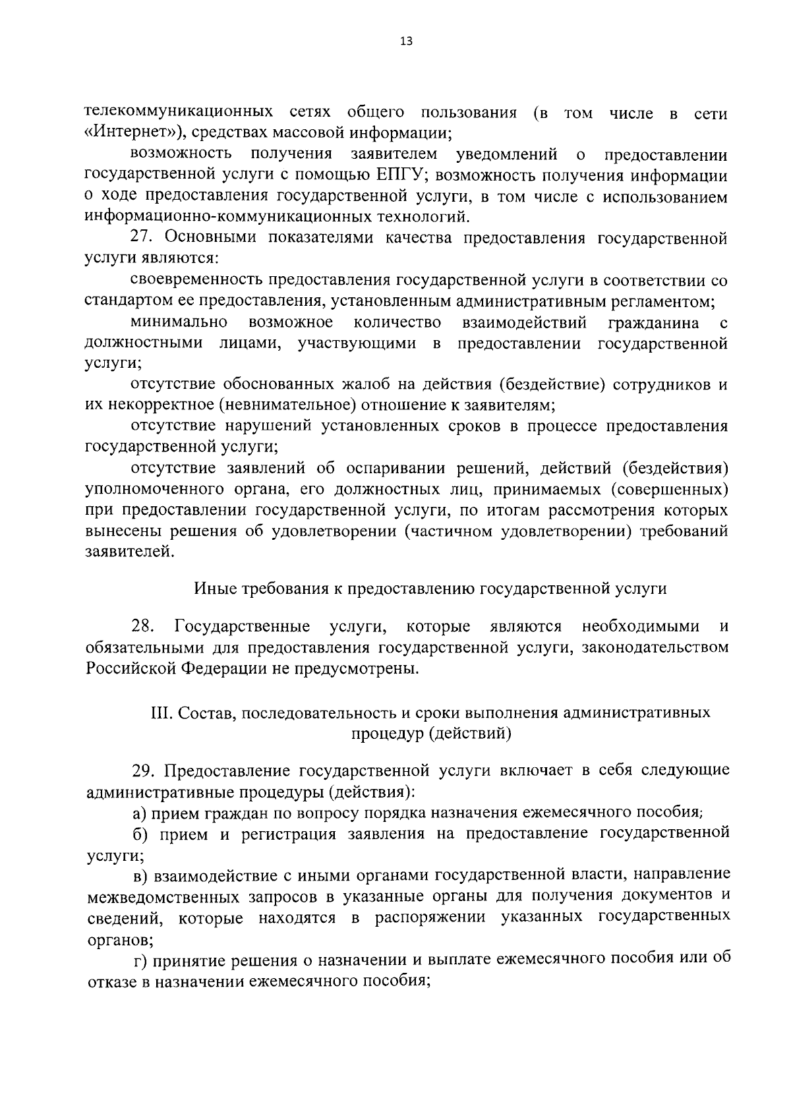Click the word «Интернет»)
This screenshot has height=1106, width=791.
pyautogui.click(x=134, y=133)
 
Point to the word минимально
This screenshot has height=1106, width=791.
pyautogui.click(x=179, y=322)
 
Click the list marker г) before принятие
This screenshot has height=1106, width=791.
pyautogui.click(x=139, y=960)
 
